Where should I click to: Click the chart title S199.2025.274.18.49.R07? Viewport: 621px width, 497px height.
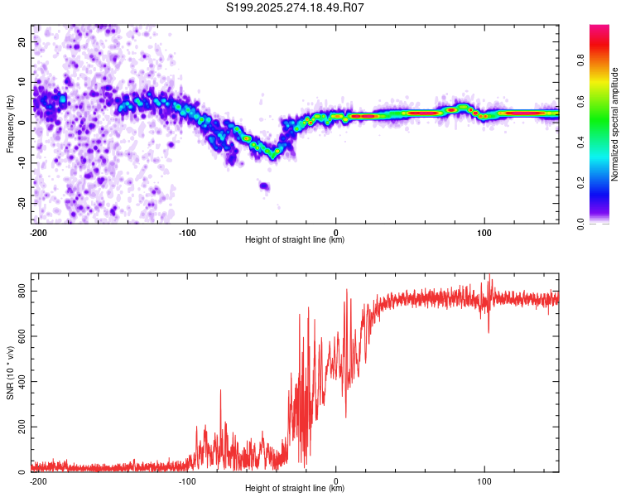[295, 7]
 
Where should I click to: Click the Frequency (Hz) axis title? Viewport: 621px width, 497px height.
[10, 124]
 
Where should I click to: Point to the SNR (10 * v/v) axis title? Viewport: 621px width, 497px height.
[10, 373]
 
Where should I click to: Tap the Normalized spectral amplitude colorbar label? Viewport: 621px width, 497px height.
[614, 124]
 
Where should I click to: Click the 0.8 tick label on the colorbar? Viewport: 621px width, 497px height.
[580, 60]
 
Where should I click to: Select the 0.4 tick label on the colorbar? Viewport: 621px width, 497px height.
[580, 142]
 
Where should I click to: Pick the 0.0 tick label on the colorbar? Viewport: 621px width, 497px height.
[580, 224]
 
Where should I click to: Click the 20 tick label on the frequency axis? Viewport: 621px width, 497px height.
[22, 41]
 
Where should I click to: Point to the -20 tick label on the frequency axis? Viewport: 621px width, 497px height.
[22, 203]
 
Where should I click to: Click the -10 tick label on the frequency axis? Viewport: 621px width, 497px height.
[22, 163]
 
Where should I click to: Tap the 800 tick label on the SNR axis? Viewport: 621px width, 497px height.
[22, 291]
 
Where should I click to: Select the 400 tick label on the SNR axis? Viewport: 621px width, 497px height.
[22, 382]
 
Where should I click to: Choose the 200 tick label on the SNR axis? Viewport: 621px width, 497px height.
[22, 427]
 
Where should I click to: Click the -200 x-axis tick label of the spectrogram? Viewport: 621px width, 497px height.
[38, 233]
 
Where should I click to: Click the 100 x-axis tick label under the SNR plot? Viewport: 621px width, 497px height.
[484, 481]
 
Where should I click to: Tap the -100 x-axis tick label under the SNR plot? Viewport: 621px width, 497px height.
[187, 481]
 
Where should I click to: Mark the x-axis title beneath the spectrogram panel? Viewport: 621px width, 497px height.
[295, 239]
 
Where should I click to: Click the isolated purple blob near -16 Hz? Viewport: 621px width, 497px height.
[264, 186]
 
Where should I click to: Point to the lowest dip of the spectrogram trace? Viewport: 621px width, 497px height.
[272, 157]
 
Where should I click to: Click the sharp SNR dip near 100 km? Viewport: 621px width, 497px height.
[489, 332]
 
